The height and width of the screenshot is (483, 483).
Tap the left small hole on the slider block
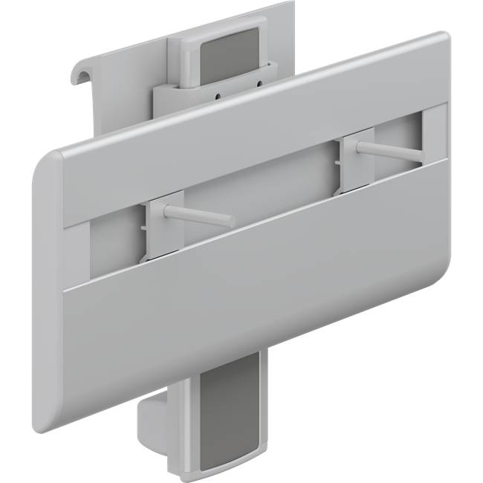(x=217, y=96)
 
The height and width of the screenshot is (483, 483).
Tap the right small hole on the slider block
(x=258, y=85)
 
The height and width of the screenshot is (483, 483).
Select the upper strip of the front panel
(x=245, y=126)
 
